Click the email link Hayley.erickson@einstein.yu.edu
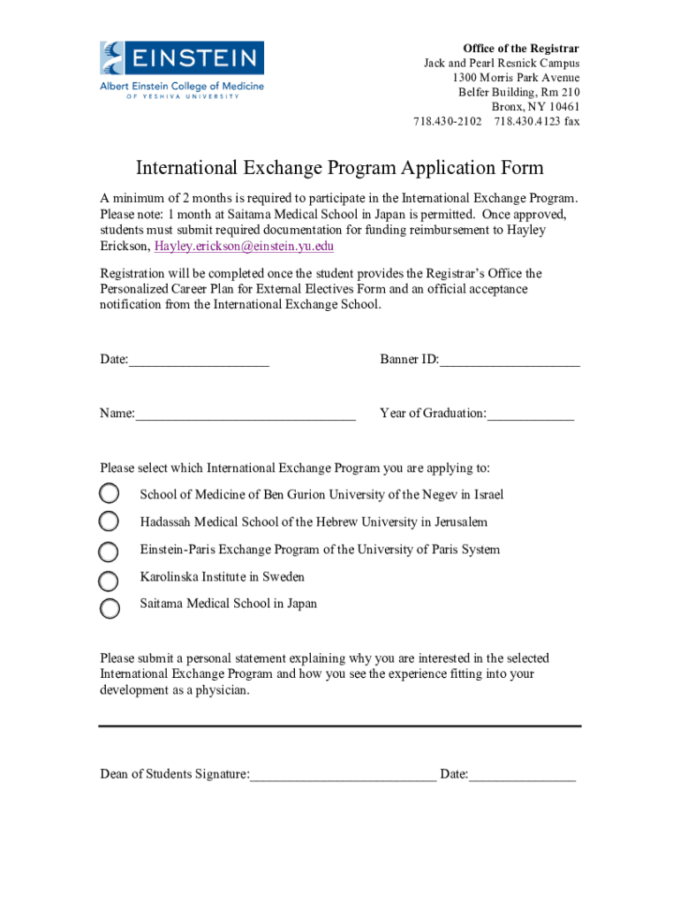(244, 247)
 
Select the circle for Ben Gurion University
(109, 493)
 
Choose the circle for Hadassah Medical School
(109, 521)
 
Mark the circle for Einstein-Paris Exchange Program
(109, 551)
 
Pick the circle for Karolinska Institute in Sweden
(109, 580)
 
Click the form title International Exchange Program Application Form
(339, 168)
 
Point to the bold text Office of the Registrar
(521, 48)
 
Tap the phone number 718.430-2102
(448, 122)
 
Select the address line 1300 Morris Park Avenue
(516, 78)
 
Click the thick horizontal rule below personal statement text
(339, 726)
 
